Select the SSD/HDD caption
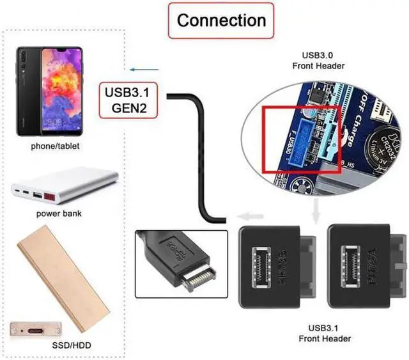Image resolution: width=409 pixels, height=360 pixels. pos(59,346)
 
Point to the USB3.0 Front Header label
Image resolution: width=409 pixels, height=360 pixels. pos(318,61)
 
